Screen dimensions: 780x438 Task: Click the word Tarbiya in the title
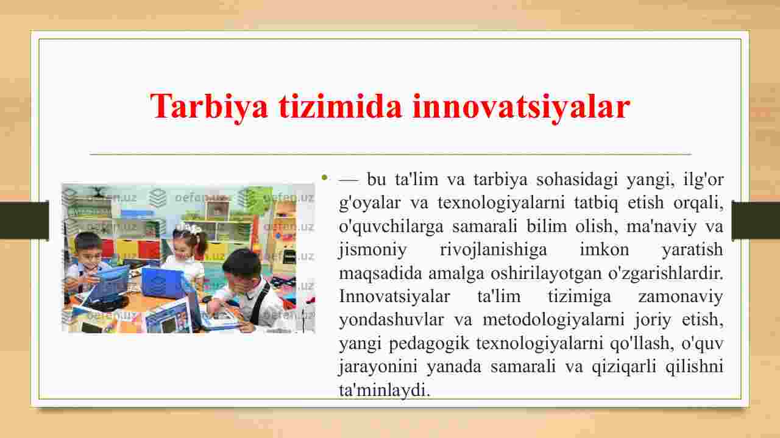tap(209, 107)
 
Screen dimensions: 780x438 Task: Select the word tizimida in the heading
tap(340, 106)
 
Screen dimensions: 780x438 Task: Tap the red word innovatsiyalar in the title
tap(521, 107)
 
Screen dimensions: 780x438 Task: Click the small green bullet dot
tap(325, 177)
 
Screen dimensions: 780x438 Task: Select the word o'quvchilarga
tap(391, 227)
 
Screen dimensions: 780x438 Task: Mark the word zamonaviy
tap(681, 297)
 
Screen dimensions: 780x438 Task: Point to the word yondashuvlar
tap(391, 320)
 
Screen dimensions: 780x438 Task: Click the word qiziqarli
tap(624, 367)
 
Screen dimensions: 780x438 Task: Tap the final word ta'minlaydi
tap(385, 390)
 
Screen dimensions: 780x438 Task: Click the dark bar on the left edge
tap(24, 220)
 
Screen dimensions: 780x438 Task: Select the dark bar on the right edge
tap(756, 220)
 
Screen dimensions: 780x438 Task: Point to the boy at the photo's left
tap(85, 264)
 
